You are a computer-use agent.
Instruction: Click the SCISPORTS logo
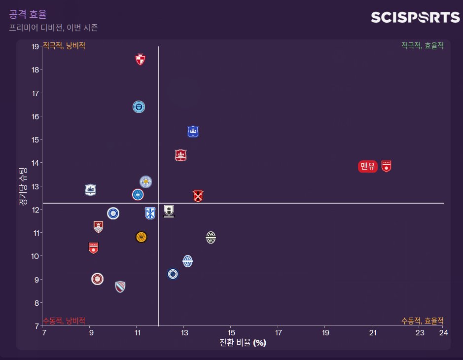(x=415, y=18)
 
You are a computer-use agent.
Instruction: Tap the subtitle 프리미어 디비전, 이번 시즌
(x=53, y=28)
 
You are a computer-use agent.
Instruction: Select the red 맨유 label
(x=368, y=167)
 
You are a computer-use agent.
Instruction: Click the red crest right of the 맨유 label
(x=387, y=166)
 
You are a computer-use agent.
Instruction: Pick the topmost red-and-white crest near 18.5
(x=141, y=60)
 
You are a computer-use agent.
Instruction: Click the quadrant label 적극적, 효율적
(x=422, y=45)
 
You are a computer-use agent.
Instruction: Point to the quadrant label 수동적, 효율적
(x=422, y=321)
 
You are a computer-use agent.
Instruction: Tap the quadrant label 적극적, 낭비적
(x=64, y=45)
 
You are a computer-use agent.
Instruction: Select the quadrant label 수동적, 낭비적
(x=64, y=321)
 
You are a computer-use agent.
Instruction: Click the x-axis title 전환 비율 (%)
(x=243, y=343)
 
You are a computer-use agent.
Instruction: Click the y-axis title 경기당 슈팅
(x=22, y=186)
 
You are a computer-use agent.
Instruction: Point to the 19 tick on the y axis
(x=35, y=47)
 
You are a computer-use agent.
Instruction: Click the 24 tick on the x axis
(x=443, y=333)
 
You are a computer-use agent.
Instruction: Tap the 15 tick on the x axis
(x=231, y=333)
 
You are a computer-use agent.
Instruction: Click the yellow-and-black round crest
(x=141, y=237)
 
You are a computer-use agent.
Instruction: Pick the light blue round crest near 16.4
(x=139, y=107)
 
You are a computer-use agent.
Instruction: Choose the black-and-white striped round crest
(x=211, y=237)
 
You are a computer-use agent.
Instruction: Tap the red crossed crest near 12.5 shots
(x=198, y=196)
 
